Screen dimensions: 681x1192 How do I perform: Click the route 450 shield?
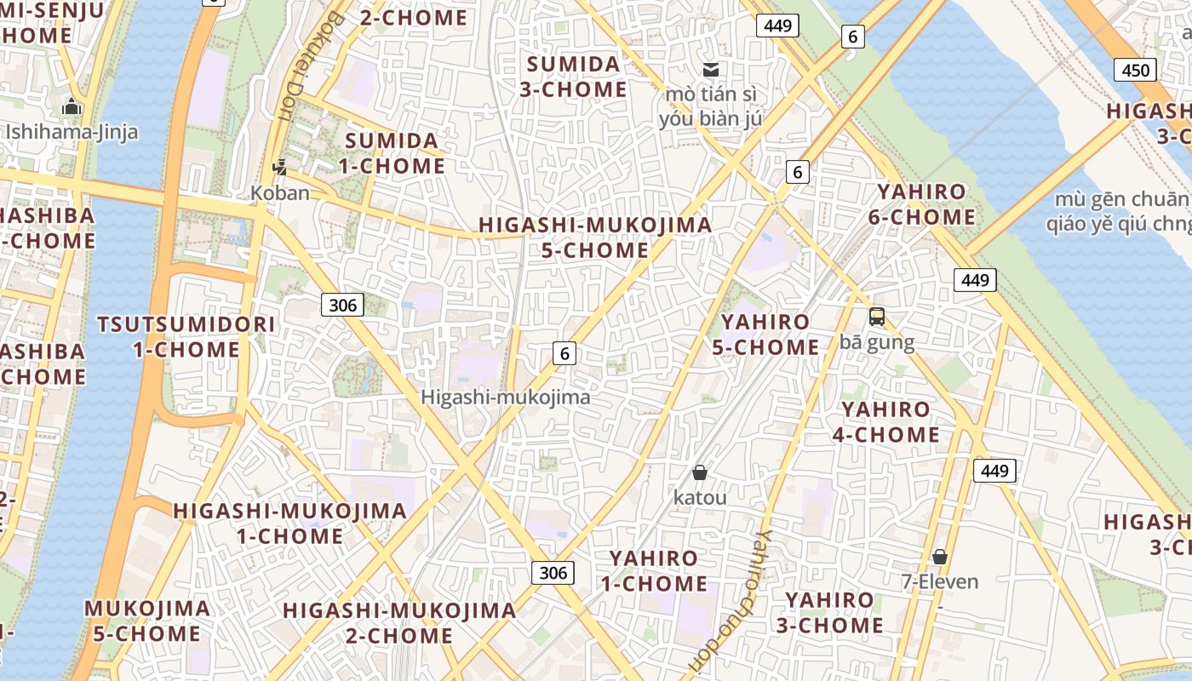[1136, 71]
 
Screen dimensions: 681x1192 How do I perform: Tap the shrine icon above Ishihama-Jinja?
[72, 107]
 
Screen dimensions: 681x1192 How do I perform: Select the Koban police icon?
[279, 168]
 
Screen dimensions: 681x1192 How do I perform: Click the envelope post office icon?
[711, 69]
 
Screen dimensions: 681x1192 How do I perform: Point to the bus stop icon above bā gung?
[876, 317]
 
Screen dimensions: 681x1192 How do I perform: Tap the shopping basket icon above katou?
[700, 472]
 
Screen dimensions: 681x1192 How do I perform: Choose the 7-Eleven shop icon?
[940, 557]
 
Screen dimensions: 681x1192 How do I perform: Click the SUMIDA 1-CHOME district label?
[392, 153]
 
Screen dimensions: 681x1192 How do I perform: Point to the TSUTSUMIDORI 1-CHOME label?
[186, 337]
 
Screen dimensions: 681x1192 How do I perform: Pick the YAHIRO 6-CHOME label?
[922, 204]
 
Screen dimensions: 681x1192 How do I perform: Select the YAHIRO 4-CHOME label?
[885, 422]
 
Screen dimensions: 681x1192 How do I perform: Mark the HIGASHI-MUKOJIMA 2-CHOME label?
[399, 623]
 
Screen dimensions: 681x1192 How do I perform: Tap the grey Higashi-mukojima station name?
[505, 398]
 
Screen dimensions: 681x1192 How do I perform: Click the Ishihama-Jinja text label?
[72, 132]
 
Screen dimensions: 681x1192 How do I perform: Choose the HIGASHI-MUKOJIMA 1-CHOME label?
[290, 524]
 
